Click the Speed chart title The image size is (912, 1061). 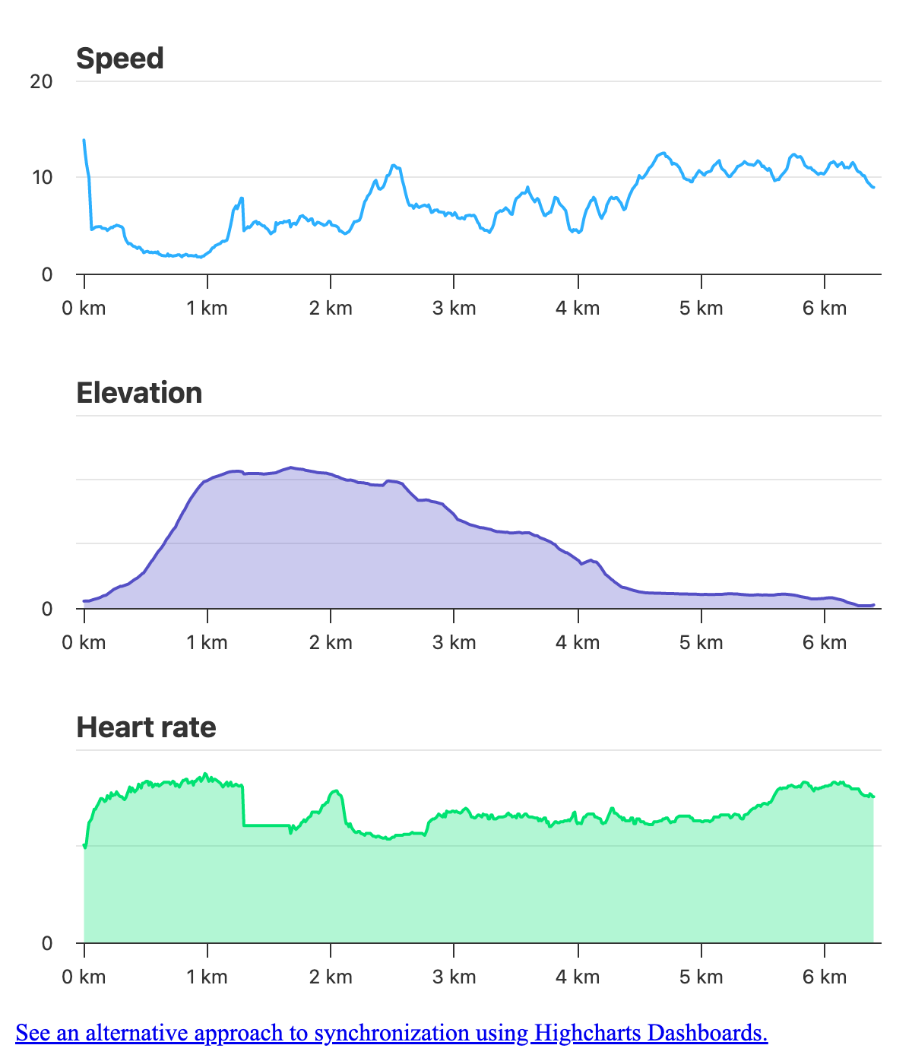tap(120, 59)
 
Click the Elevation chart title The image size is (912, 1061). tap(139, 393)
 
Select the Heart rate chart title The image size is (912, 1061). tap(146, 727)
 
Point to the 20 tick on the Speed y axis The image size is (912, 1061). tap(41, 81)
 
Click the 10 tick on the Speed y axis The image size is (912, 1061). tap(41, 178)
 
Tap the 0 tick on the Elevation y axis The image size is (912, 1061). tap(47, 609)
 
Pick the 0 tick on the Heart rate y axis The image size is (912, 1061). tap(47, 943)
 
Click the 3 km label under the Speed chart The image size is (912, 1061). tap(454, 308)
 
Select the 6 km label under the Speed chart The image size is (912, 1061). tap(825, 308)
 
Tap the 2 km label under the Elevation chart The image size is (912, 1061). tap(331, 642)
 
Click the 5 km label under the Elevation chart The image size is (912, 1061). tap(701, 642)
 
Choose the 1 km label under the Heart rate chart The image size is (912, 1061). tap(207, 977)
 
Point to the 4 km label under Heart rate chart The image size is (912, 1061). tap(578, 977)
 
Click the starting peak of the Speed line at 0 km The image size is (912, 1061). tap(84, 141)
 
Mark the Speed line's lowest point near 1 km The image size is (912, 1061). tap(200, 257)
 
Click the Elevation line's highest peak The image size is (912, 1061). tap(290, 467)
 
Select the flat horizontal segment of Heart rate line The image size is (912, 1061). tap(266, 825)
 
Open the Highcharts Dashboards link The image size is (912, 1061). tap(651, 1033)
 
